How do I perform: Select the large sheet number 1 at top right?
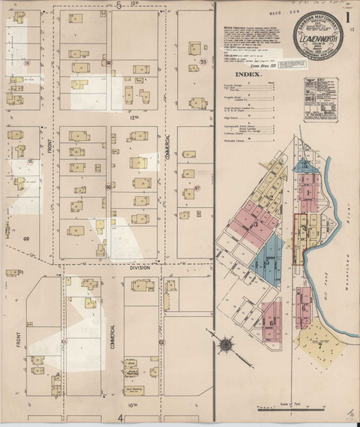click(346, 15)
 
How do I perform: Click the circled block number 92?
click(110, 62)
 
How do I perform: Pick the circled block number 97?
click(197, 188)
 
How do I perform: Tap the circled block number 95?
click(31, 162)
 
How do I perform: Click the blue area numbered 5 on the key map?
click(267, 265)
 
